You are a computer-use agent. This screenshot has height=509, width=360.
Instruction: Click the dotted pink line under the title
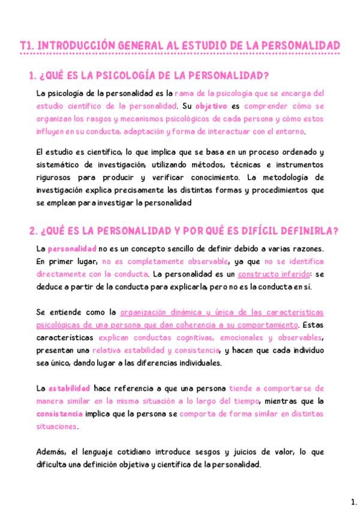[180, 55]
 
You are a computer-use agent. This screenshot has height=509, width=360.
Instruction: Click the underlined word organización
[150, 313]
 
